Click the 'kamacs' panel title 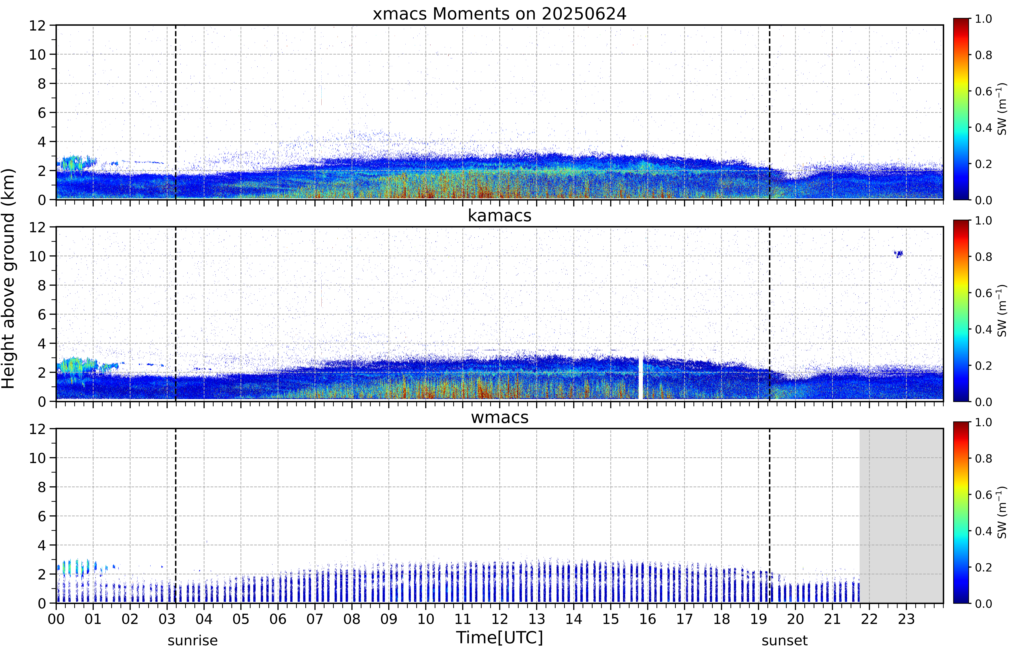[499, 216]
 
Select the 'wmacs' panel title [499, 417]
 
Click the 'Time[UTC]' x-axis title [499, 638]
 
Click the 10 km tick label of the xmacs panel [37, 54]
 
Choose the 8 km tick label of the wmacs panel [42, 487]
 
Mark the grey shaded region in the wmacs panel [901, 516]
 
